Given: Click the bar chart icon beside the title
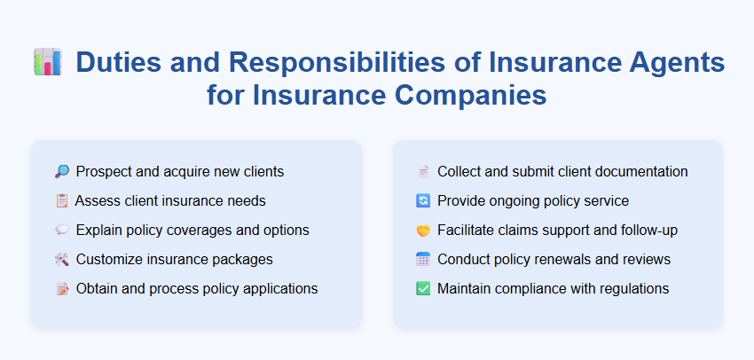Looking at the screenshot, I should [47, 63].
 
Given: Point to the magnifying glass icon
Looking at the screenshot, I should [61, 171].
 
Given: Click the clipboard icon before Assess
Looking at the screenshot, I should [61, 200].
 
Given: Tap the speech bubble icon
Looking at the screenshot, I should [61, 230].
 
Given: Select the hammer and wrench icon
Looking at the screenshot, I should [61, 259].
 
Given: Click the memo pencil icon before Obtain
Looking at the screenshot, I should [61, 288].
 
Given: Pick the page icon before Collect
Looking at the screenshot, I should [423, 171].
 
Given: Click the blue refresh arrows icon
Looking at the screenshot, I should [423, 200].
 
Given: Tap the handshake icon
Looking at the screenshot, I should [423, 230].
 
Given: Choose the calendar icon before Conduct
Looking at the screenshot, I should [423, 259].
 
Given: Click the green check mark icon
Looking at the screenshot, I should [423, 288].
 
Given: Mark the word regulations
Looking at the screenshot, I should [631, 288].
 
